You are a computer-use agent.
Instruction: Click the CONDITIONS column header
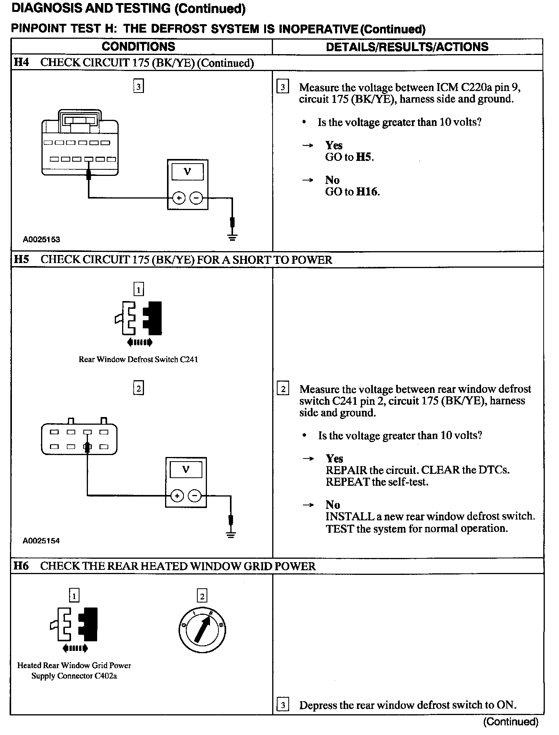coord(138,47)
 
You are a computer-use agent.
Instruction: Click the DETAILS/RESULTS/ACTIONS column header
coord(407,47)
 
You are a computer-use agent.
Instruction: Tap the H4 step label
coord(21,63)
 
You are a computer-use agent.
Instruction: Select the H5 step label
coord(21,260)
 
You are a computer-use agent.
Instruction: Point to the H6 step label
coord(21,566)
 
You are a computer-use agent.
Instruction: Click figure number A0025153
coord(41,240)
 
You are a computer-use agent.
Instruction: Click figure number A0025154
coord(41,541)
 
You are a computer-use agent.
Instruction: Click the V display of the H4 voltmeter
coord(187,172)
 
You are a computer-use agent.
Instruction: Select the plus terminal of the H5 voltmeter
coord(177,496)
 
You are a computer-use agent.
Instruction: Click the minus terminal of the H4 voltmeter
coord(196,198)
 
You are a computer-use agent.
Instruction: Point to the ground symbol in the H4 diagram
coord(232,237)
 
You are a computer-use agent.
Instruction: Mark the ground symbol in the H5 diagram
coord(230,535)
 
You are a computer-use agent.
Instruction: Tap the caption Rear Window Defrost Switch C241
coord(138,359)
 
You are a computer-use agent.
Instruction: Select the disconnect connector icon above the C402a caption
coord(74,625)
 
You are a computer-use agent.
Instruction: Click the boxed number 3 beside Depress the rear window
coord(283,705)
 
